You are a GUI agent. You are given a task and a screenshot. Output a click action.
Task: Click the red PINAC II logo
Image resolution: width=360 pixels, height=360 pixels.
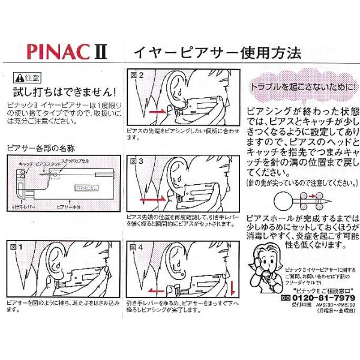click(x=66, y=51)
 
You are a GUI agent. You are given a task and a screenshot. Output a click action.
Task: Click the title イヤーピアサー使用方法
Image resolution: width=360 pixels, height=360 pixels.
click(x=217, y=52)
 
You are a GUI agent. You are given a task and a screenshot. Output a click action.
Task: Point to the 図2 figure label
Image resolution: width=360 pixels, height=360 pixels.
click(x=137, y=76)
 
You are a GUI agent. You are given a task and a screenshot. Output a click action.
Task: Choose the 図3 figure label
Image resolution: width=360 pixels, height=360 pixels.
click(x=137, y=161)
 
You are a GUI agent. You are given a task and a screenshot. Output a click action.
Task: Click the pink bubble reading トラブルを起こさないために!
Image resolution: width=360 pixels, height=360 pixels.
click(x=302, y=87)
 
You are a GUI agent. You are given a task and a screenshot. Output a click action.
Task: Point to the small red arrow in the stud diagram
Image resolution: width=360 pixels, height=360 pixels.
click(x=311, y=196)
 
